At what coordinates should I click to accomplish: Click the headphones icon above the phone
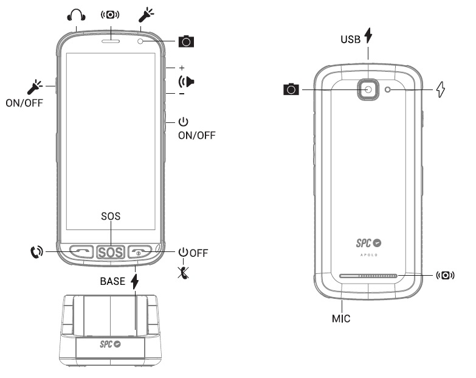click(x=76, y=15)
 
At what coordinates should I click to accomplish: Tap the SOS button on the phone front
click(x=111, y=252)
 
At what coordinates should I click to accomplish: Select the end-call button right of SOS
click(x=140, y=251)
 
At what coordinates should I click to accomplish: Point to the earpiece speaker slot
click(x=111, y=41)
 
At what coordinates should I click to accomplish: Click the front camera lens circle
click(x=140, y=41)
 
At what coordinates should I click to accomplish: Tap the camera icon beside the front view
click(x=186, y=41)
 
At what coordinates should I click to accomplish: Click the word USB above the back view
click(x=350, y=39)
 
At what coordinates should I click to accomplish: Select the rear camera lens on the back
click(x=368, y=89)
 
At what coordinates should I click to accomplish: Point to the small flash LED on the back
click(x=388, y=89)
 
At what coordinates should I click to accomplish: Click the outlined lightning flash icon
click(x=441, y=89)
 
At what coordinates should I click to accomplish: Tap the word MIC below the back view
click(x=341, y=318)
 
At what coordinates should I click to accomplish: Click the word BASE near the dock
click(x=112, y=281)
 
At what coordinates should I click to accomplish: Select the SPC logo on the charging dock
click(x=110, y=344)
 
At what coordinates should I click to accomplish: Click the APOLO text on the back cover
click(x=369, y=255)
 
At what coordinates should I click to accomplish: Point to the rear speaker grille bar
click(x=368, y=276)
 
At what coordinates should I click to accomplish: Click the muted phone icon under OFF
click(x=184, y=273)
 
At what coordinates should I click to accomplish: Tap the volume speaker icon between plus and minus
click(x=187, y=82)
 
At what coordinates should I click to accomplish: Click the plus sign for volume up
click(x=182, y=68)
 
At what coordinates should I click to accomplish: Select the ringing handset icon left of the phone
click(x=36, y=252)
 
